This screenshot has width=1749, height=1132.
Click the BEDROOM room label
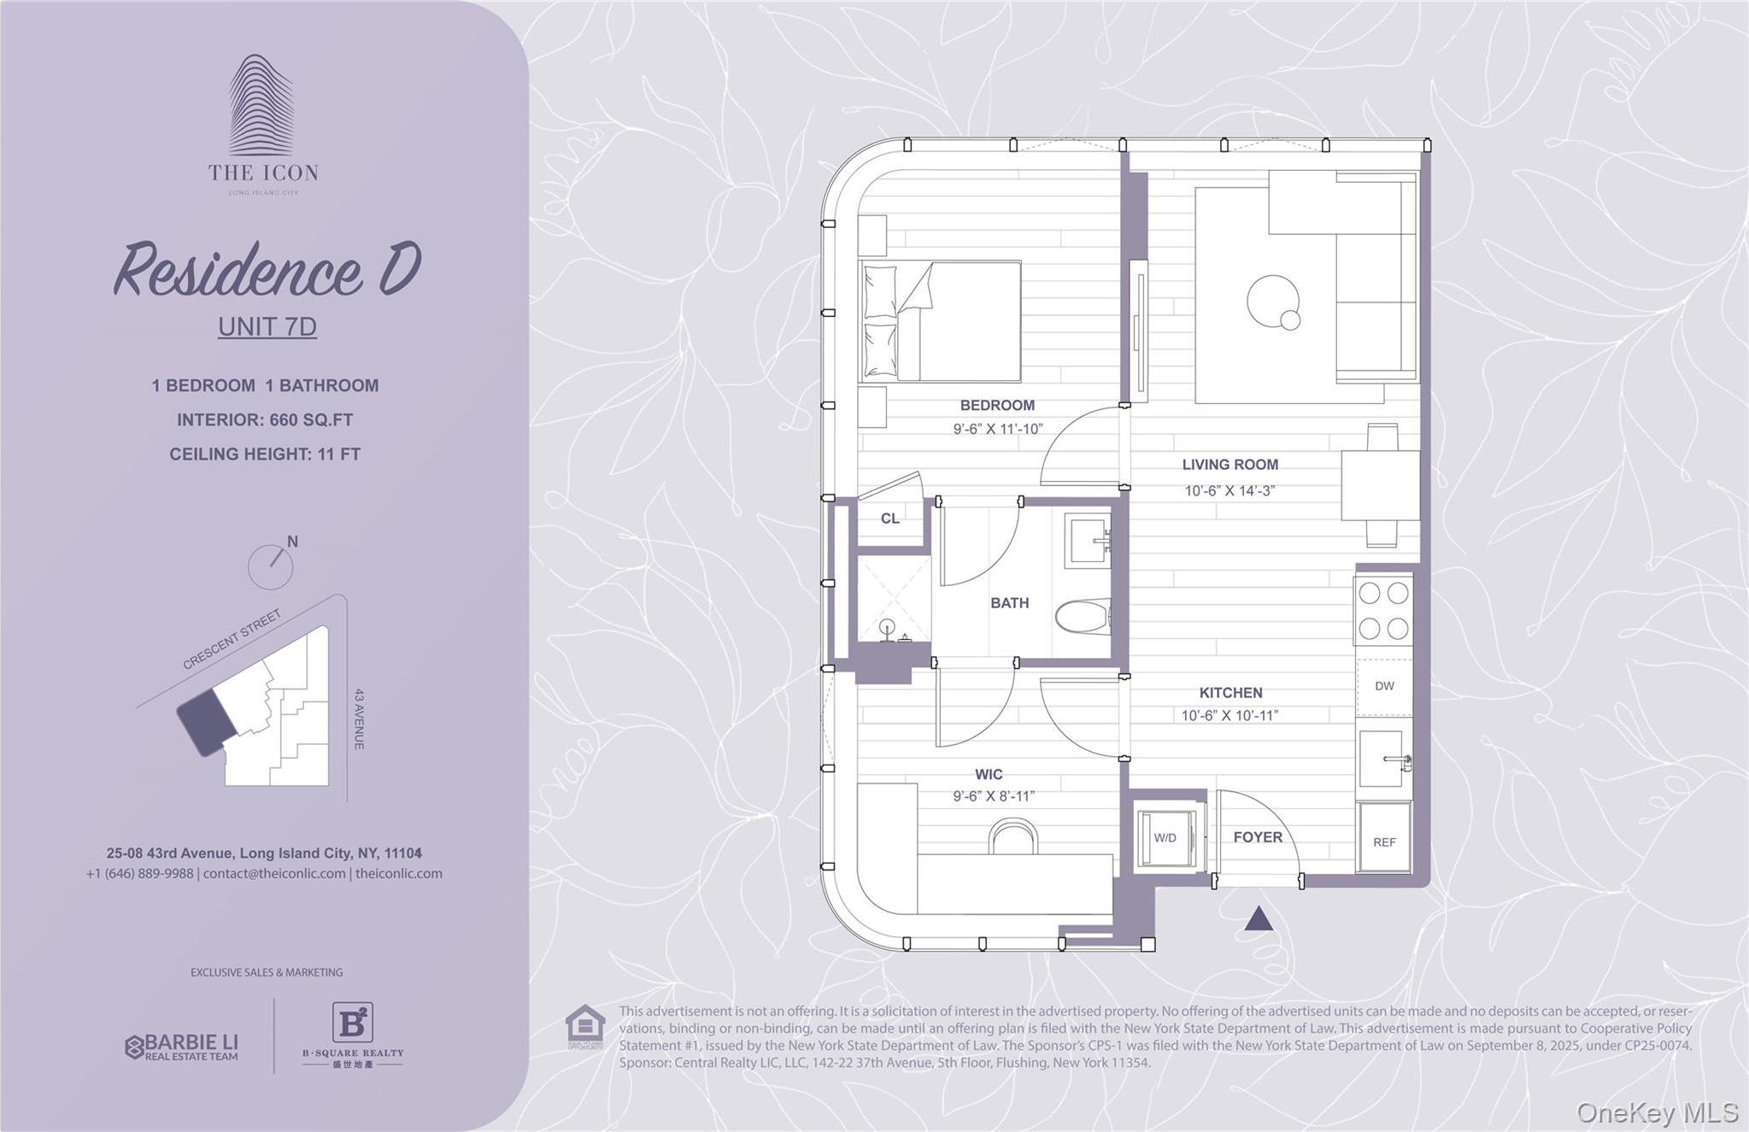click(x=996, y=405)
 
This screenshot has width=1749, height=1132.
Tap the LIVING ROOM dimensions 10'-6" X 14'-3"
click(x=1230, y=491)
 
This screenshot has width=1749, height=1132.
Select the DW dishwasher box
click(x=1384, y=686)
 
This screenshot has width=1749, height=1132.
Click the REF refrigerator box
click(x=1384, y=842)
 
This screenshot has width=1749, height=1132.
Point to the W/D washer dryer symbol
click(x=1165, y=838)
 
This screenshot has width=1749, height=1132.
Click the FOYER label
click(x=1257, y=837)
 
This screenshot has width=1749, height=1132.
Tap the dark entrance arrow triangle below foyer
click(x=1259, y=919)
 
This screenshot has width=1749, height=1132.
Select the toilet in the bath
click(x=1083, y=616)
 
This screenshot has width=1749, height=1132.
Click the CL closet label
click(x=889, y=519)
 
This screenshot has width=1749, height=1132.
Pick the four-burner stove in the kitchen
click(x=1382, y=610)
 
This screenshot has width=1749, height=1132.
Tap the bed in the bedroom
click(x=940, y=321)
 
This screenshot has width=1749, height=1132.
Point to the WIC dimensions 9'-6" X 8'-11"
click(x=994, y=796)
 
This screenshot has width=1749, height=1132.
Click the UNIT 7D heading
click(x=267, y=326)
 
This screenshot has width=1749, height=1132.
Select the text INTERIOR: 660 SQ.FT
click(x=265, y=419)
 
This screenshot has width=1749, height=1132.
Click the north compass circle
click(x=270, y=566)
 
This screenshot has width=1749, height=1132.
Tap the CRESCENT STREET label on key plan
click(x=232, y=640)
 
